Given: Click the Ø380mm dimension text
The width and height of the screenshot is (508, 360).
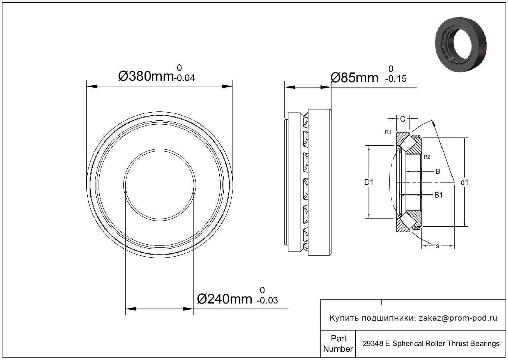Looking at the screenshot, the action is tap(146, 76).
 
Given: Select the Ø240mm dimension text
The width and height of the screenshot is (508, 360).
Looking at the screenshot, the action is tap(224, 299).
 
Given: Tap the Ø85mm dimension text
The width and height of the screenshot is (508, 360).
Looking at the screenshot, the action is tap(355, 78).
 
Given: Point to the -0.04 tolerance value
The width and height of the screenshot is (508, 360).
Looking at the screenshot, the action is tap(184, 78).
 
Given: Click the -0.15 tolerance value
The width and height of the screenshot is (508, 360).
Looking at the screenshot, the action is tap(396, 79).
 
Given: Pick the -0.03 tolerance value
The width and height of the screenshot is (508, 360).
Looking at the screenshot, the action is tap(267, 300).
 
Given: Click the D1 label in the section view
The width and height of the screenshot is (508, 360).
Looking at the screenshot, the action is tap(369, 182).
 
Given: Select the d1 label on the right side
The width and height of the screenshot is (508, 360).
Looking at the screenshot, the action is tap(464, 182).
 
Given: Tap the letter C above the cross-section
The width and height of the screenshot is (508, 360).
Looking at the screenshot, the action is tap(402, 119).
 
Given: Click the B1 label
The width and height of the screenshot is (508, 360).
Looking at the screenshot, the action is tap(438, 195).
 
